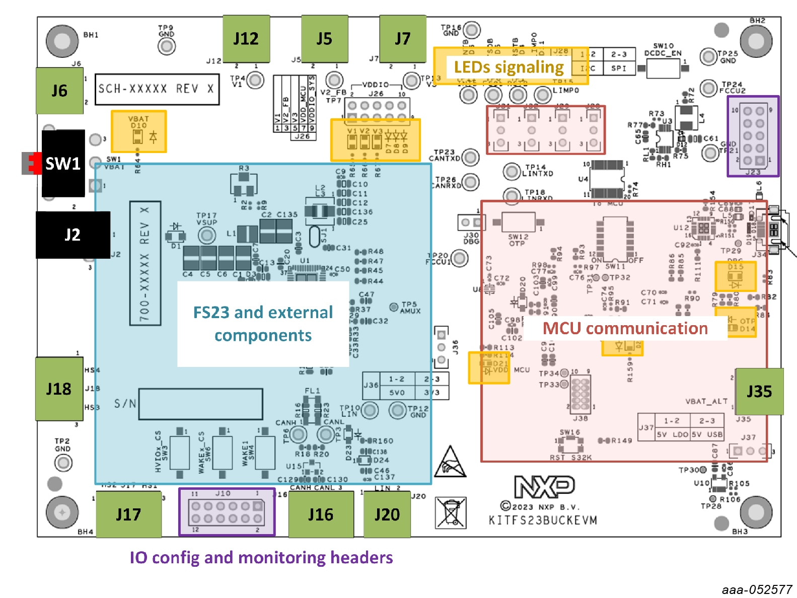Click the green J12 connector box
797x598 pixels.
coord(246,39)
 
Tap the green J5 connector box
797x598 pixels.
coord(324,39)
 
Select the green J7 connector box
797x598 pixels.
coord(402,39)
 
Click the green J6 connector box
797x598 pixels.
coord(59,91)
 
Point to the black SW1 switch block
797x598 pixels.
coord(63,163)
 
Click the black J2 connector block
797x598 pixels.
coord(73,235)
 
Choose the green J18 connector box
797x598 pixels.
coord(59,389)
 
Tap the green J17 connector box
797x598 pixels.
coord(128,514)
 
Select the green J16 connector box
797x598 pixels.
coord(321,514)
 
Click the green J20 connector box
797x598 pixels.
coord(387,514)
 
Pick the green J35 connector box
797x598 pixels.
coord(759,391)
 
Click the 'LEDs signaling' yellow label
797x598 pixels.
coord(509,67)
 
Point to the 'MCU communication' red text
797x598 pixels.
coord(625,328)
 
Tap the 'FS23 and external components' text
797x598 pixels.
coord(263,324)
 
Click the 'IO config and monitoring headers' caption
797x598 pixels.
coord(261,558)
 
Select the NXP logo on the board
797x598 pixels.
coord(544,486)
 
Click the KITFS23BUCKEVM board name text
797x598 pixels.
coord(543,520)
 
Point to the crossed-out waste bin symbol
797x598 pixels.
coord(451,512)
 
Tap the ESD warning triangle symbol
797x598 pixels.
coord(451,462)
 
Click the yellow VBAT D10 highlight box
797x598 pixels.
coord(138,131)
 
